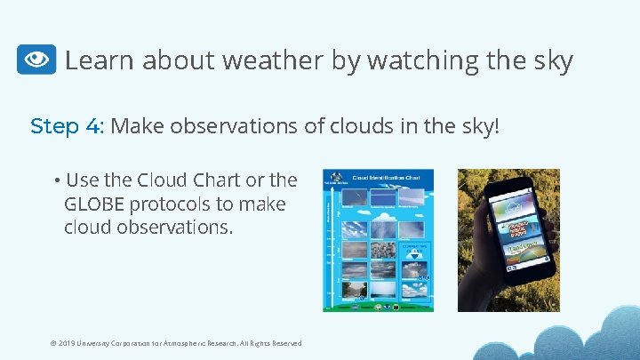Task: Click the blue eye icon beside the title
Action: click(36, 60)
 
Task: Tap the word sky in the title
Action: click(553, 60)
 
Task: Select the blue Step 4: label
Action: click(68, 126)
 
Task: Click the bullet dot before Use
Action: click(56, 180)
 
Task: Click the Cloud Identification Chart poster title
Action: click(386, 178)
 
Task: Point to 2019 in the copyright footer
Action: click(68, 343)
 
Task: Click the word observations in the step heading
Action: click(242, 126)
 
